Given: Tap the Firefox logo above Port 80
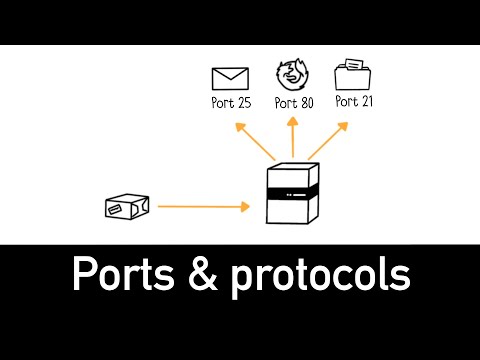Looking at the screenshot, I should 291,75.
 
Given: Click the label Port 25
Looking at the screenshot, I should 232,102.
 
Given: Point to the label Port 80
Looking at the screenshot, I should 291,102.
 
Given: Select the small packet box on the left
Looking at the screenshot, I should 127,206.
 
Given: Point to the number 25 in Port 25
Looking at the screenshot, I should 242,102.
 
